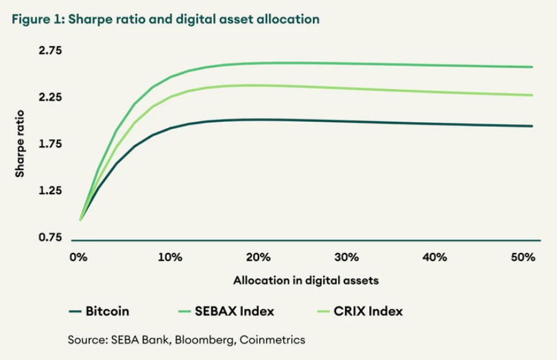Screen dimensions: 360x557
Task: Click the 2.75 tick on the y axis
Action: [x=49, y=51]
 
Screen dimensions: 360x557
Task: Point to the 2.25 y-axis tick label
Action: [x=49, y=97]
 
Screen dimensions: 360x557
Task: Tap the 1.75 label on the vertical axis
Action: [x=49, y=144]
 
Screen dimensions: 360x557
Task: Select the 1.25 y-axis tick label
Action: [x=49, y=191]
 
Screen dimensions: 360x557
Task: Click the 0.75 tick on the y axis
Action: [x=49, y=237]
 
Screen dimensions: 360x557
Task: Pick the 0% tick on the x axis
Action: [x=80, y=258]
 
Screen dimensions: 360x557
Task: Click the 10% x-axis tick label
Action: [x=169, y=258]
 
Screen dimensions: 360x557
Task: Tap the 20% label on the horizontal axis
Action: [x=258, y=258]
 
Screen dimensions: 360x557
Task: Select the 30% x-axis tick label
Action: [x=346, y=258]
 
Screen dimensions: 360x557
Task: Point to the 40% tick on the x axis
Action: [x=435, y=258]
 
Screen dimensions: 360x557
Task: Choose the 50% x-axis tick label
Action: [x=523, y=258]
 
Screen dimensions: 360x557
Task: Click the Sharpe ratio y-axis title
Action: [x=20, y=143]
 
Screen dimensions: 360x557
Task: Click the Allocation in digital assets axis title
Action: [x=306, y=280]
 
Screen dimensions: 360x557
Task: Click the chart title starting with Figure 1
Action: [x=165, y=19]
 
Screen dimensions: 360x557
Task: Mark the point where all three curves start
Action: [x=80, y=219]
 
